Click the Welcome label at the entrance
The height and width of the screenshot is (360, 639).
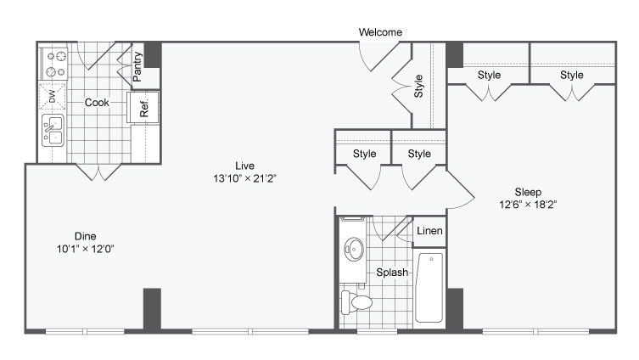pyautogui.click(x=380, y=32)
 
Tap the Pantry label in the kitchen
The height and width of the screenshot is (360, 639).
pyautogui.click(x=137, y=66)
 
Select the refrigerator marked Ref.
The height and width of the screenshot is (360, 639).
pyautogui.click(x=143, y=108)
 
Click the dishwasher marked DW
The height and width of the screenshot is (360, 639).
pyautogui.click(x=52, y=98)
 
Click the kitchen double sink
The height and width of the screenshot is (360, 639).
pyautogui.click(x=53, y=131)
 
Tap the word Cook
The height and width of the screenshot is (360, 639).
pyautogui.click(x=97, y=103)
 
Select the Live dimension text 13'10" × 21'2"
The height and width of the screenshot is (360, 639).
pyautogui.click(x=245, y=178)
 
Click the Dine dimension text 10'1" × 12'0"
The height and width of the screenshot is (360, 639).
pyautogui.click(x=85, y=249)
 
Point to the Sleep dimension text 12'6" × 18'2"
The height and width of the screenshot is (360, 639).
pyautogui.click(x=528, y=205)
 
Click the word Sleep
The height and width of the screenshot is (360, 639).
pyautogui.click(x=528, y=192)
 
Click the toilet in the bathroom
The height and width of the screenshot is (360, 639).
pyautogui.click(x=357, y=301)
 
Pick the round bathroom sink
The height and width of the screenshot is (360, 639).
pyautogui.click(x=354, y=250)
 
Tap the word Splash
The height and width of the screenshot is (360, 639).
pyautogui.click(x=393, y=273)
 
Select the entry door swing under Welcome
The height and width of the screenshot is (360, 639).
pyautogui.click(x=377, y=58)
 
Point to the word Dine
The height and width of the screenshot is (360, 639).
pyautogui.click(x=85, y=236)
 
